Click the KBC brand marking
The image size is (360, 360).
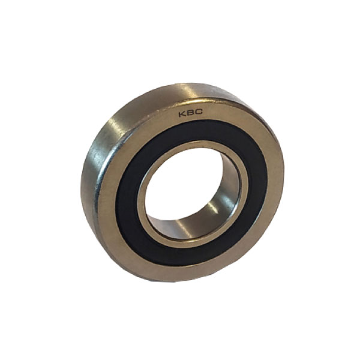[191, 113]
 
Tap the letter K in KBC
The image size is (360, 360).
[183, 114]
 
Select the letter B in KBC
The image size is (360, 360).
[191, 113]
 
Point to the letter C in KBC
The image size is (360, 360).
[199, 112]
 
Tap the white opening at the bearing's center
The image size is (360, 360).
[184, 184]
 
